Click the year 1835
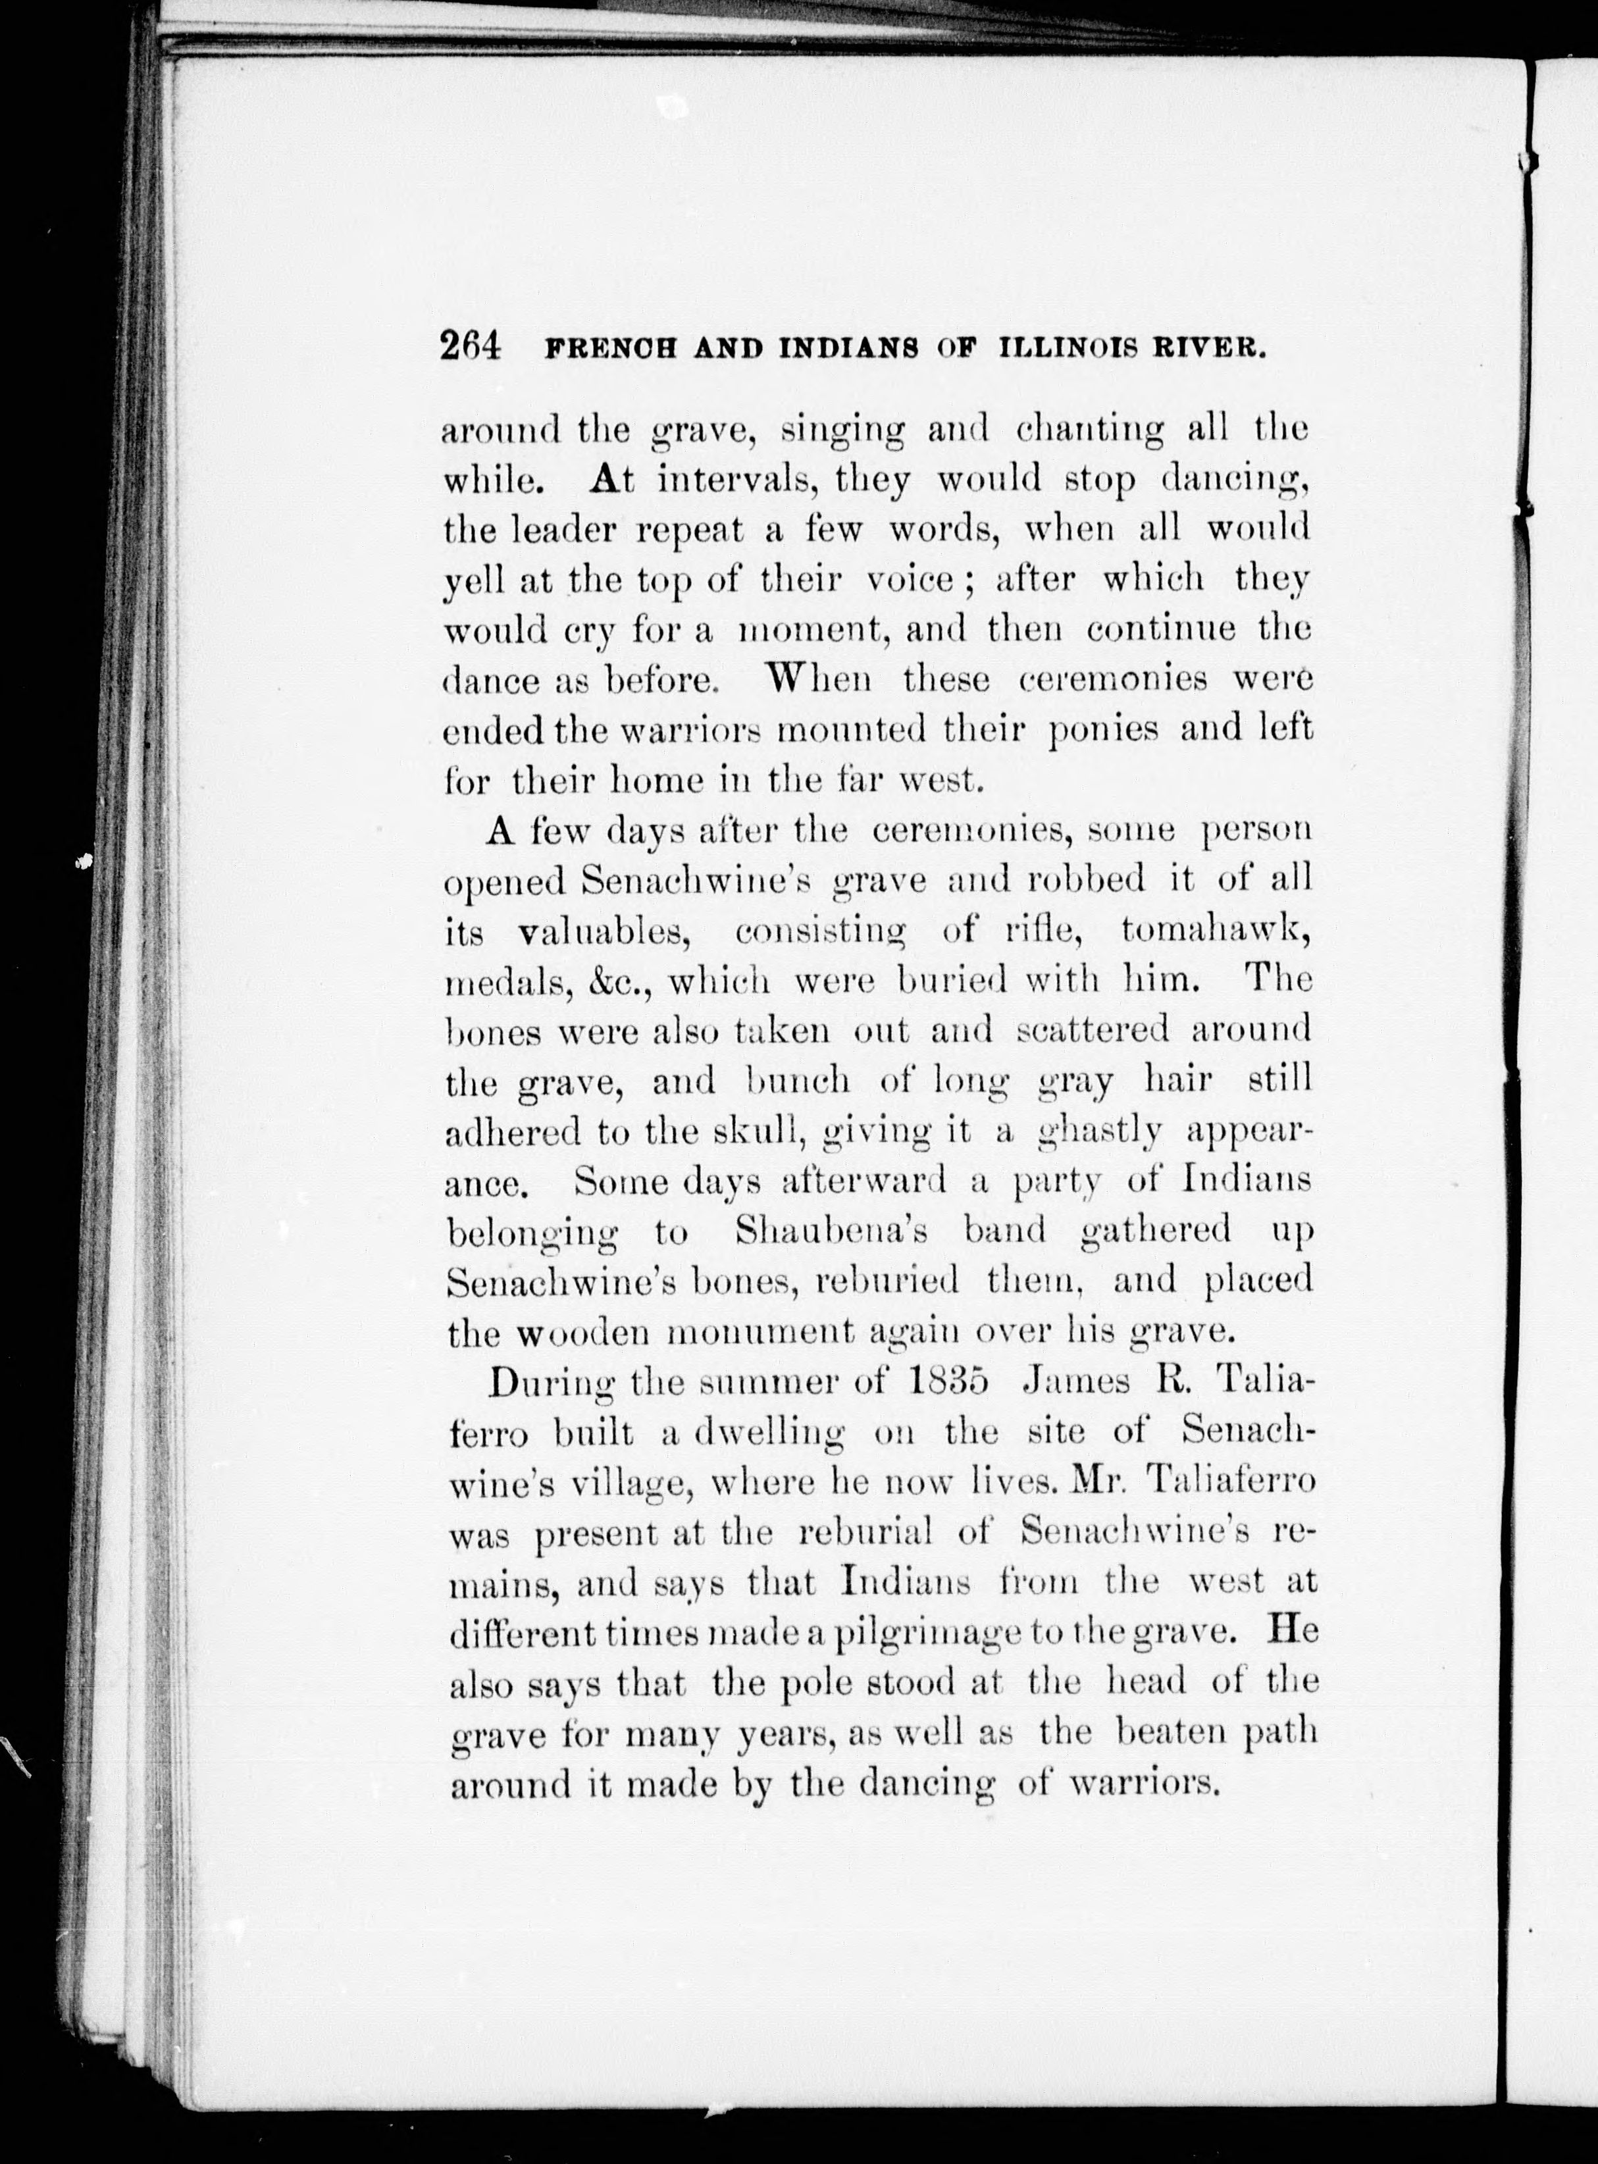click(x=950, y=1381)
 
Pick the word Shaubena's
click(x=832, y=1231)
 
